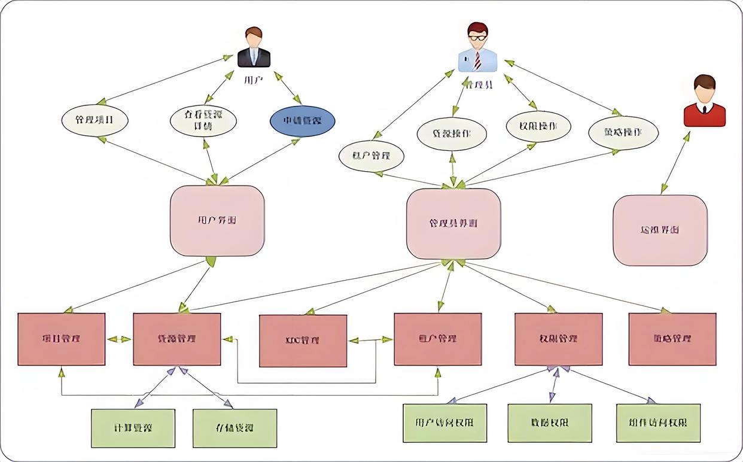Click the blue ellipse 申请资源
coord(302,121)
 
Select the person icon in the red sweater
coord(704,101)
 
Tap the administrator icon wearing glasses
coord(477,48)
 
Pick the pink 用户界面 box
coord(217,221)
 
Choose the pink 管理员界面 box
coord(453,224)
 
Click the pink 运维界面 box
coord(660,230)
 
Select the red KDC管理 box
coord(303,341)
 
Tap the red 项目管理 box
coord(62,339)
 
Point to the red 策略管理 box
coord(672,339)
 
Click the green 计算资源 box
coord(133,428)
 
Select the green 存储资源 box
coord(235,428)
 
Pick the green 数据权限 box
coord(549,423)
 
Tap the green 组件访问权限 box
coord(658,423)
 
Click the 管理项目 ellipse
coord(95,120)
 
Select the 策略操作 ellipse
coord(623,133)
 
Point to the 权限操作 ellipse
coord(538,126)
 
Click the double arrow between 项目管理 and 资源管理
coord(119,339)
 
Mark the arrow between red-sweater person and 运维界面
coord(675,163)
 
